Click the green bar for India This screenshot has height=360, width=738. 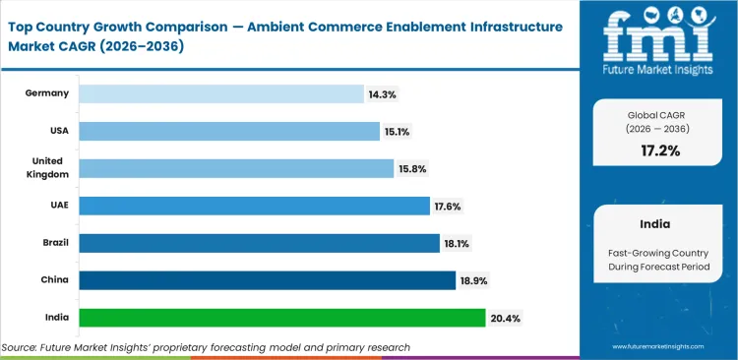(x=281, y=318)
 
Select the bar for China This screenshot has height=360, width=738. (x=267, y=280)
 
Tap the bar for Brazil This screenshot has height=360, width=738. (x=259, y=243)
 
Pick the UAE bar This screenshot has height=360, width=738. (x=254, y=206)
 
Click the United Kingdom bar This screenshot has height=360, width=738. (x=236, y=168)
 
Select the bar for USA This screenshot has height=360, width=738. (x=228, y=131)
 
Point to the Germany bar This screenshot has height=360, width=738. (x=221, y=93)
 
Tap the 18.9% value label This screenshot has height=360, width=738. (x=473, y=280)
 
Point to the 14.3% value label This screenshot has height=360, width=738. (x=384, y=93)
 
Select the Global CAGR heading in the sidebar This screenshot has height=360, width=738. (x=657, y=115)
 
